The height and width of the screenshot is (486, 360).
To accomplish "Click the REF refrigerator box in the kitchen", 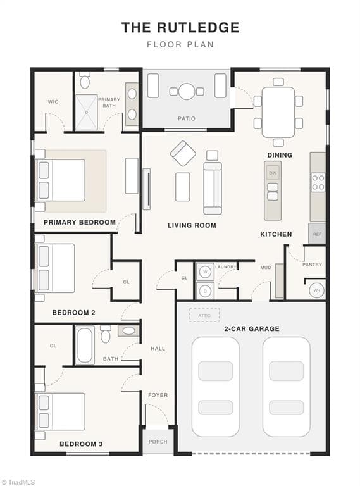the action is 317,234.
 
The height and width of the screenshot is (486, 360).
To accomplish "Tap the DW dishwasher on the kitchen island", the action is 273,173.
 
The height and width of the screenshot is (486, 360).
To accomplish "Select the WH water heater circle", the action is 316,290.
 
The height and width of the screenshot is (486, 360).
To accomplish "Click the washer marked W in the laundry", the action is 205,272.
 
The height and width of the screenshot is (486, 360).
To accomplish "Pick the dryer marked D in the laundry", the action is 205,290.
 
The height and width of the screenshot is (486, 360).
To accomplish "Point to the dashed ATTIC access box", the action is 204,315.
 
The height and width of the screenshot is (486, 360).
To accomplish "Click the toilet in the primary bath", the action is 85,80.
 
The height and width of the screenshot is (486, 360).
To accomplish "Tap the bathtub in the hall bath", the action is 85,345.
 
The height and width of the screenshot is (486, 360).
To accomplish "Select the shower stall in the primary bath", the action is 86,112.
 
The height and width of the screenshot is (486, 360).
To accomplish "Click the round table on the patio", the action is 187,91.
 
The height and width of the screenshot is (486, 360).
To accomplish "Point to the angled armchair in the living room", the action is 183,153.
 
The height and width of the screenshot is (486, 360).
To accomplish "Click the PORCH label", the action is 158,442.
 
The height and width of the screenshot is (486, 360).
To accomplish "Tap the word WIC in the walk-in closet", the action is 53,102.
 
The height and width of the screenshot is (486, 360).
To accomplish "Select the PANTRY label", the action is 312,265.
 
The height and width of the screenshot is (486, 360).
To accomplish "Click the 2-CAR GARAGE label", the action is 252,328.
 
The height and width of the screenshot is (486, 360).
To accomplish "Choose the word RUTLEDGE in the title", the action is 198,27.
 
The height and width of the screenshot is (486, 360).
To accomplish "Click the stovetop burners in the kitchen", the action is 318,182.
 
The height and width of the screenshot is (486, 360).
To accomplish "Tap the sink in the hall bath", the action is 128,331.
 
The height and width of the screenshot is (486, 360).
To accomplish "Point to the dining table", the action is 278,112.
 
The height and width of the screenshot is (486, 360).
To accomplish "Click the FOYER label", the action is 158,395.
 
